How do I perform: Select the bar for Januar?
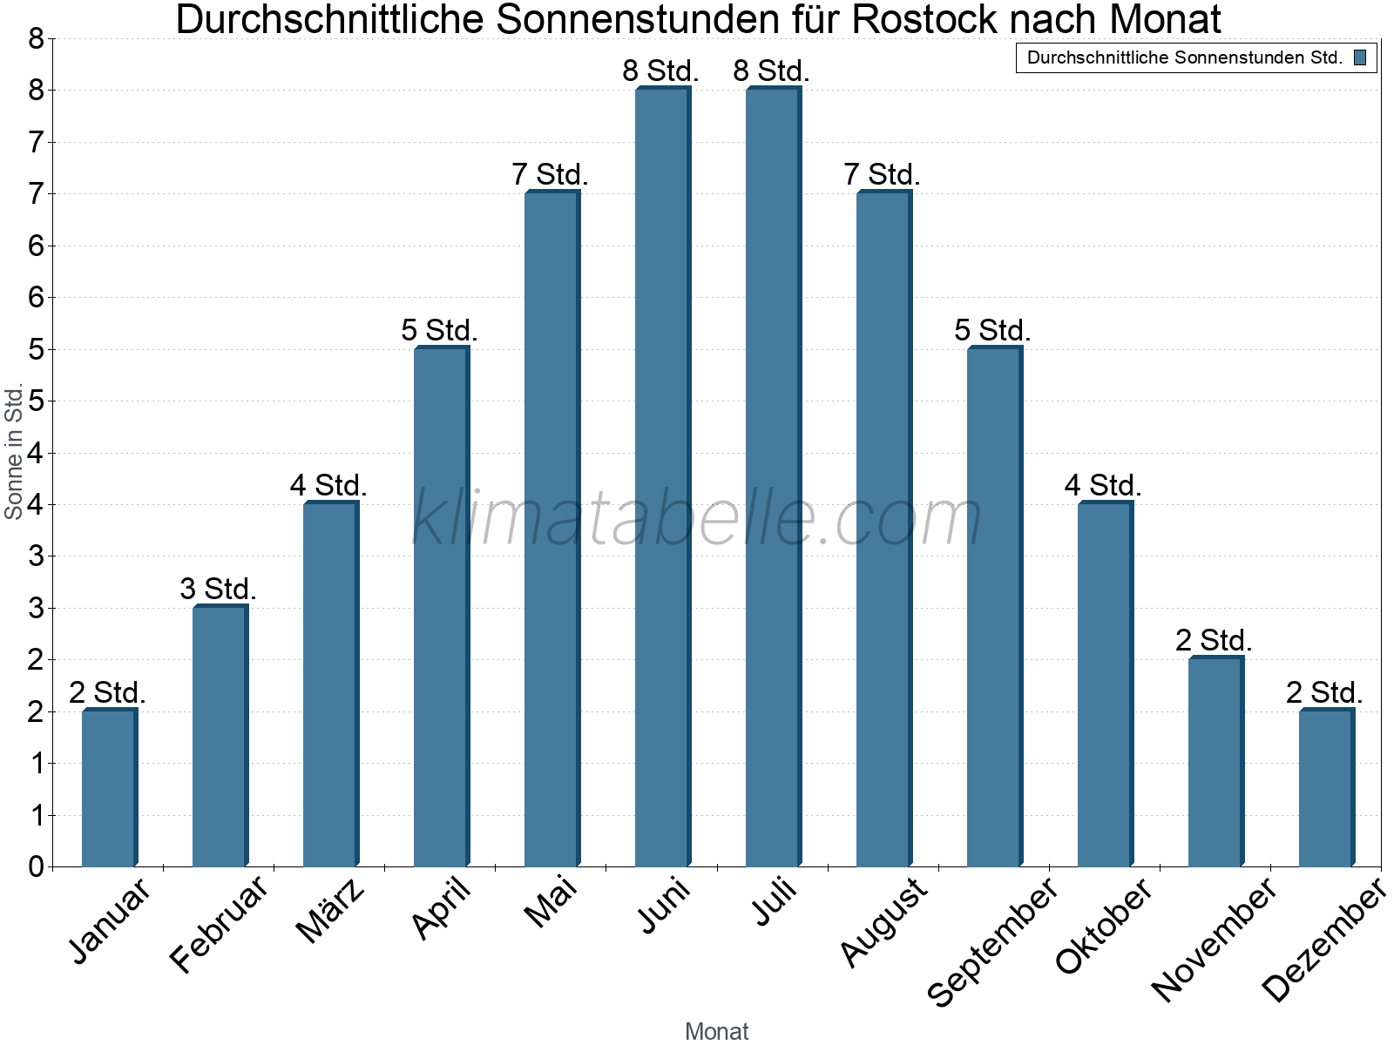pyautogui.click(x=109, y=788)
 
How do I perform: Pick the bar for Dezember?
pyautogui.click(x=1326, y=788)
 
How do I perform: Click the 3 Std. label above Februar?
pyautogui.click(x=218, y=590)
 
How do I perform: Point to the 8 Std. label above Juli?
pyautogui.click(x=771, y=71)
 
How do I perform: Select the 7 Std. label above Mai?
pyautogui.click(x=550, y=175)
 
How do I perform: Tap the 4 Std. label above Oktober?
pyautogui.click(x=1102, y=486)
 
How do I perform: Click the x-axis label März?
pyautogui.click(x=331, y=910)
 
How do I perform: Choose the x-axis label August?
pyautogui.click(x=884, y=921)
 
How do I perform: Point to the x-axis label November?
pyautogui.click(x=1214, y=939)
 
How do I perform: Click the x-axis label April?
pyautogui.click(x=442, y=907)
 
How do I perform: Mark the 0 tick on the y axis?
pyautogui.click(x=36, y=866)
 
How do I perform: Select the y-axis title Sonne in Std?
pyautogui.click(x=14, y=453)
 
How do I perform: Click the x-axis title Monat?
pyautogui.click(x=716, y=1031)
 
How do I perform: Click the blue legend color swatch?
pyautogui.click(x=1360, y=58)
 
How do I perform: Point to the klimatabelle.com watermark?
pyautogui.click(x=697, y=518)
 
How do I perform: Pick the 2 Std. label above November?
pyautogui.click(x=1213, y=641)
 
